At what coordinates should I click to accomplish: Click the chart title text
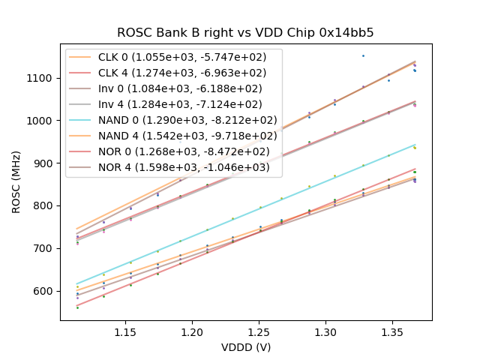(245, 33)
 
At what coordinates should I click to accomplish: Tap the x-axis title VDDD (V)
(245, 347)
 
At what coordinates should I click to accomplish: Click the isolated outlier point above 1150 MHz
(363, 55)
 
